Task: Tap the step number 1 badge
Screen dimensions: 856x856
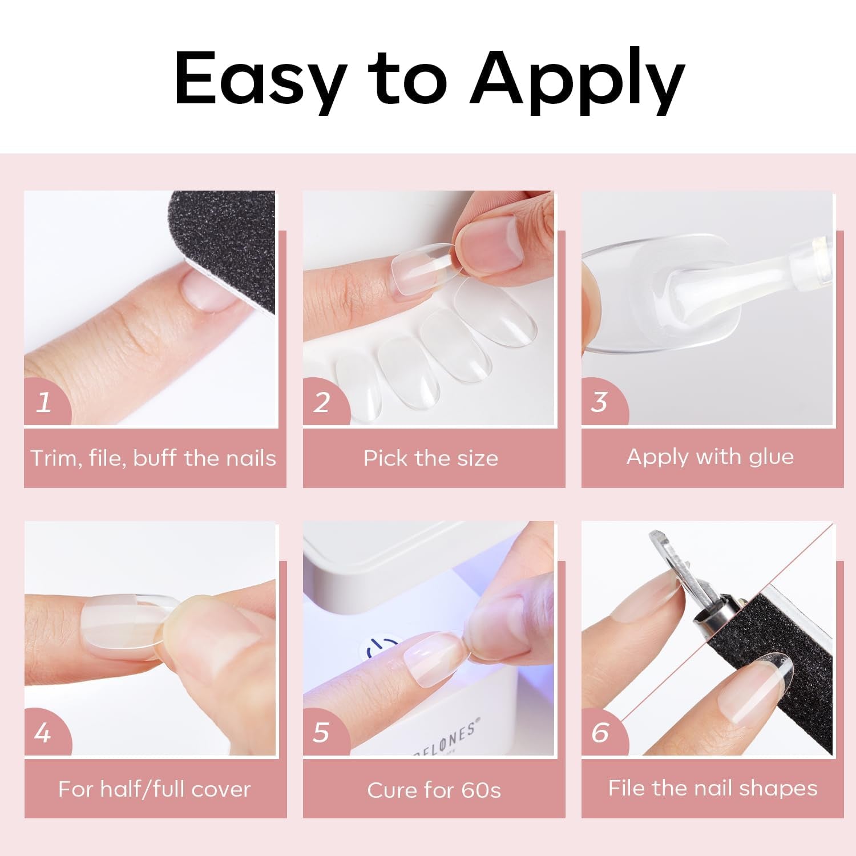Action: [45, 402]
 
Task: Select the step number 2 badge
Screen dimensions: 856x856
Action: [322, 402]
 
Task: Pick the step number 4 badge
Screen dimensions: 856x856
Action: [43, 732]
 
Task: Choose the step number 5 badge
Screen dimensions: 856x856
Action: [322, 732]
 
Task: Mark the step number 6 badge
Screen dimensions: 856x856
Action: [600, 732]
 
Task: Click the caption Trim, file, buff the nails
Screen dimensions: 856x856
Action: [154, 458]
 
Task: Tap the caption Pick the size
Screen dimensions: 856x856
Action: [431, 458]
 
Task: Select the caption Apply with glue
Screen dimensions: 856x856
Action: [710, 457]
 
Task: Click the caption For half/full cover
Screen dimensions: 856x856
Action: [154, 789]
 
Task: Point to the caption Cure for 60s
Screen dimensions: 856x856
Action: [434, 790]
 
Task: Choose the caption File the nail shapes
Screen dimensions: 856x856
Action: [713, 788]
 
